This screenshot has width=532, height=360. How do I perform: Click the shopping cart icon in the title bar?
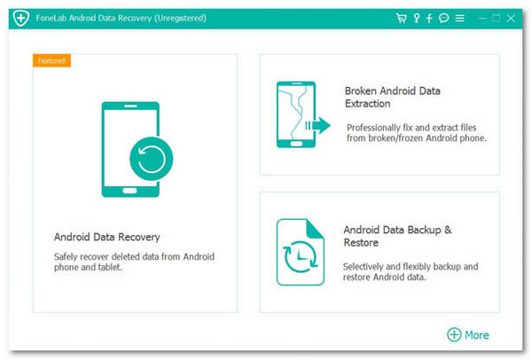tap(401, 18)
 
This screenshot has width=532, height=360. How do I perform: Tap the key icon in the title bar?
tap(416, 18)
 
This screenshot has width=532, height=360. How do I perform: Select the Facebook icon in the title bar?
tap(429, 18)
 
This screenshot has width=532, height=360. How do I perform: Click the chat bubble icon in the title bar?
tap(443, 18)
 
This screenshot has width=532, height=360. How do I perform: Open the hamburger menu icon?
tap(458, 18)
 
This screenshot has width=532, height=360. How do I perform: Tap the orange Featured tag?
tap(51, 60)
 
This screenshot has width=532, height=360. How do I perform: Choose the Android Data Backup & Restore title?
tap(397, 236)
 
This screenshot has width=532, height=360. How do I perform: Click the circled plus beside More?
tap(454, 334)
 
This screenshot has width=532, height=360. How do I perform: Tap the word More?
tap(477, 334)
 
